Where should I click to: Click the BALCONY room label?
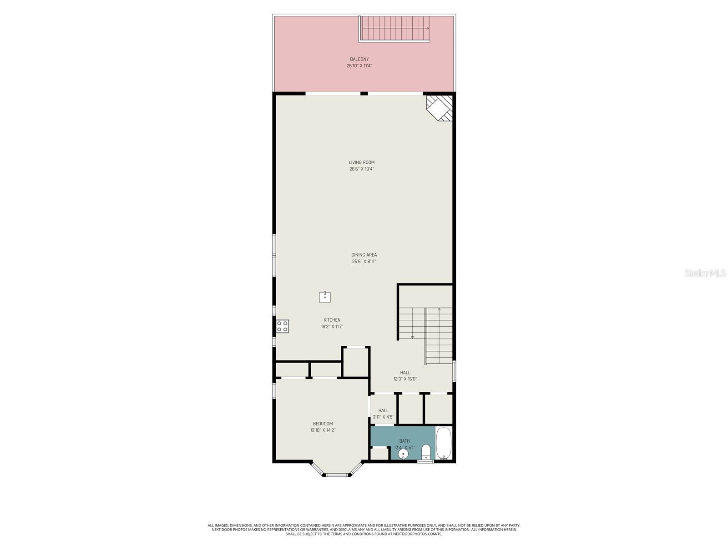(359, 59)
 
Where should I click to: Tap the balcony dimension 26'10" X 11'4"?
(359, 66)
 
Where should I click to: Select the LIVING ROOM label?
(362, 162)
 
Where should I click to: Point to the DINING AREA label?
(364, 255)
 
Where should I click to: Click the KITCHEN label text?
(332, 320)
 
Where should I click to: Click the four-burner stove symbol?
(283, 326)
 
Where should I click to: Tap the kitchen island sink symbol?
(325, 298)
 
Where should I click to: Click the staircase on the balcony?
(394, 28)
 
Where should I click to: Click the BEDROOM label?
(323, 424)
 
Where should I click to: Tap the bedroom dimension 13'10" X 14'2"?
(323, 430)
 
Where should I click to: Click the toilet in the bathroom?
(426, 452)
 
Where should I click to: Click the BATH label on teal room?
(404, 441)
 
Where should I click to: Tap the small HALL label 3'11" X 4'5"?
(383, 414)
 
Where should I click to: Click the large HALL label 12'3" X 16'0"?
(405, 375)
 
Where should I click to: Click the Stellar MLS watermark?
(705, 273)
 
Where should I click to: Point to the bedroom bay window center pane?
(337, 475)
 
